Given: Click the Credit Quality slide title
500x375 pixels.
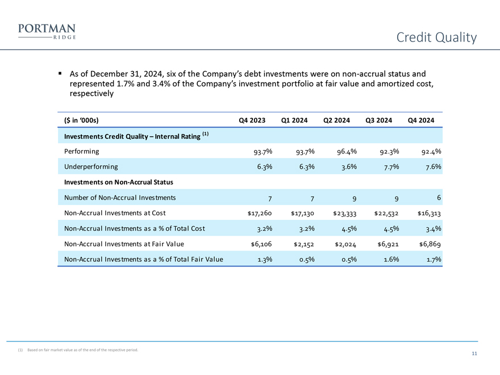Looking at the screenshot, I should [x=436, y=37].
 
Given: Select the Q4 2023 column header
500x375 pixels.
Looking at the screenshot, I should [x=252, y=120].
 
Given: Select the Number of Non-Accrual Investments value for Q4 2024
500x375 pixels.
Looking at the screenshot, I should [x=439, y=197].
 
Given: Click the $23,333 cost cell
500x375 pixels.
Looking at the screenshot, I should [x=345, y=213].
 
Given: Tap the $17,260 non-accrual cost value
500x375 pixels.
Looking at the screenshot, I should [x=260, y=213].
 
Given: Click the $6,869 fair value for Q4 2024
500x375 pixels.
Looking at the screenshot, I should [x=430, y=244].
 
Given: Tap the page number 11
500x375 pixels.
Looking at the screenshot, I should [x=474, y=354].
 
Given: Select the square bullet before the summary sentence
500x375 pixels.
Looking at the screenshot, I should [x=60, y=74].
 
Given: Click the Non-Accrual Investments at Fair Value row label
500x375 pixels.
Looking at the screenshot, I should [x=124, y=244].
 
